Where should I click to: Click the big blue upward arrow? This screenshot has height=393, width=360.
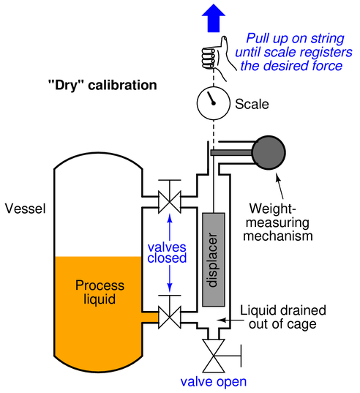[214, 18]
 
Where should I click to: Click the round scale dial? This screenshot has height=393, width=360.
[213, 103]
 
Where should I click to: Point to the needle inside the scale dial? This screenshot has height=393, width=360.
[211, 98]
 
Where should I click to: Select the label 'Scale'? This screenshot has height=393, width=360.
[252, 104]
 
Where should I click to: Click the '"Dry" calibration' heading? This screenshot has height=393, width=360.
[102, 85]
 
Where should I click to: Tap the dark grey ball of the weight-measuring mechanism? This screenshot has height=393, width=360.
[269, 153]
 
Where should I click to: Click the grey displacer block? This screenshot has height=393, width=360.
[214, 260]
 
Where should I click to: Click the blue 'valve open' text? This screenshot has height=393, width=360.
[214, 381]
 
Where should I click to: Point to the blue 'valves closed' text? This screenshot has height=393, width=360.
[167, 252]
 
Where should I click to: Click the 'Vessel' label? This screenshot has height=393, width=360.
[26, 209]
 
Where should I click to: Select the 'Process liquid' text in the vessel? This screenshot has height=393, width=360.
[100, 292]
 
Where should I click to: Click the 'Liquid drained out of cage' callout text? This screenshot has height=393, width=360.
[283, 317]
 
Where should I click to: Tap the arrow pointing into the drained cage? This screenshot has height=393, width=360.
[230, 320]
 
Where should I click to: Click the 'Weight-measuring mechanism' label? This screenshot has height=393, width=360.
[278, 222]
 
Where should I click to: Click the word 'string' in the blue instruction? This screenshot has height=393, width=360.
[327, 39]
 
